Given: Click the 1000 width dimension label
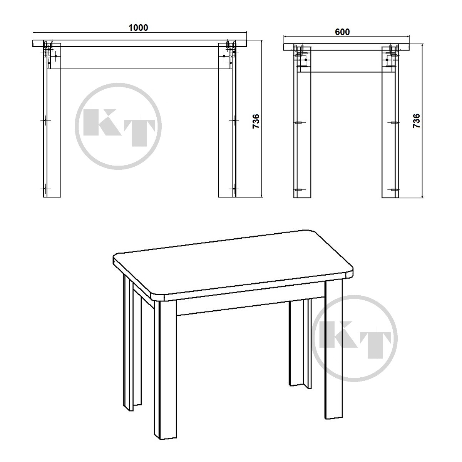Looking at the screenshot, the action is point(138,28).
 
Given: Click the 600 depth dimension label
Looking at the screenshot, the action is point(342,32).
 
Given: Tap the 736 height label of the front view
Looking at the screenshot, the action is point(256,121).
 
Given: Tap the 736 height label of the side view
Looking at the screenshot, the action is point(417,121).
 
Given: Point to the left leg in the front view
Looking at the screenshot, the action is point(52,120).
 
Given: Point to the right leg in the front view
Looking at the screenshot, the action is point(227,120).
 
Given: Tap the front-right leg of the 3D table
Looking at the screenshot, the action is point(333,350).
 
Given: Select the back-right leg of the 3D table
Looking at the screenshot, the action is point(300,343).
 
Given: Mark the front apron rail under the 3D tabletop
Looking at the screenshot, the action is point(251,306).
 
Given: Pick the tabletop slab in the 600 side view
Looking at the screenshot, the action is point(346,47).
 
